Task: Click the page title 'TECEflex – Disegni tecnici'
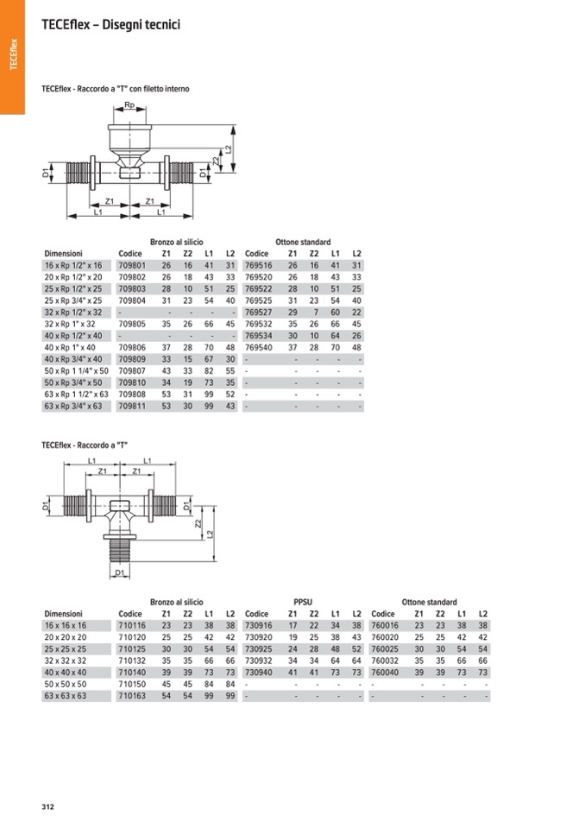point(110,26)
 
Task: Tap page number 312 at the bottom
point(47,807)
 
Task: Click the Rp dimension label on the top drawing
point(129,104)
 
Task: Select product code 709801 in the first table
point(131,265)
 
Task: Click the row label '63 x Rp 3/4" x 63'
point(72,406)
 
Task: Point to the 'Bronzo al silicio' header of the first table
point(176,243)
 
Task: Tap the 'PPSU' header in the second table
point(303,602)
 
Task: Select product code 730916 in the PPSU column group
point(258,624)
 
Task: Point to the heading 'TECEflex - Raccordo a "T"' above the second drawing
point(79,446)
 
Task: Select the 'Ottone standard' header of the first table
point(303,243)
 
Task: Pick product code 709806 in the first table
point(131,347)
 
